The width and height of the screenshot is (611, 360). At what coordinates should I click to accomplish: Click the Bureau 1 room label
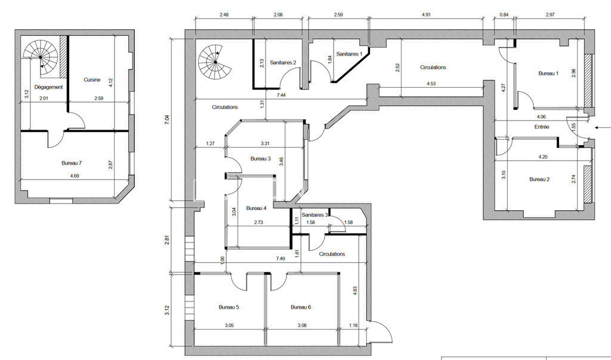tap(548, 73)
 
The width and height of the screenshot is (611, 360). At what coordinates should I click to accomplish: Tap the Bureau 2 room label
tap(539, 180)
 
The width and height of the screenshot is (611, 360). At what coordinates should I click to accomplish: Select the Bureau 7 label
tap(72, 163)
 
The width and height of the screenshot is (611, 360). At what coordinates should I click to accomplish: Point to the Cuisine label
tap(92, 79)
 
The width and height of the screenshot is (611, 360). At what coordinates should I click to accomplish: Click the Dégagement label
tap(48, 87)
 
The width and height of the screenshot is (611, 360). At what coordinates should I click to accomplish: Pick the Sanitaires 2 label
tap(283, 63)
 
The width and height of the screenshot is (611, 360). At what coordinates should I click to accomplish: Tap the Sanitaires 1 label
tap(350, 54)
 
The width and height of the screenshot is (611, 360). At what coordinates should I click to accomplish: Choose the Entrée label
tap(542, 127)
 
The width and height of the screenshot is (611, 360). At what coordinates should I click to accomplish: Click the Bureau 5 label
tap(229, 307)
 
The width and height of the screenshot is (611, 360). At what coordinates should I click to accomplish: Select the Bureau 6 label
tap(301, 307)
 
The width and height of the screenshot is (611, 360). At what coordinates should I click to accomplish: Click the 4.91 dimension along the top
tap(427, 15)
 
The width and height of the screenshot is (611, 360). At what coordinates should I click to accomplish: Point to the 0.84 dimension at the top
tap(504, 15)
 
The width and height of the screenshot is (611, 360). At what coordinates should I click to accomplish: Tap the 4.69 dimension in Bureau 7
tap(75, 176)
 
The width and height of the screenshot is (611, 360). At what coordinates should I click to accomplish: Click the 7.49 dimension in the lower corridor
tap(280, 259)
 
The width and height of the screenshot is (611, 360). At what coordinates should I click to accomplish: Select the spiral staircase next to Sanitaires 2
tap(215, 61)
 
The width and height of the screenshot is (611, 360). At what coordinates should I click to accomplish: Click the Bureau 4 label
tap(256, 209)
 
